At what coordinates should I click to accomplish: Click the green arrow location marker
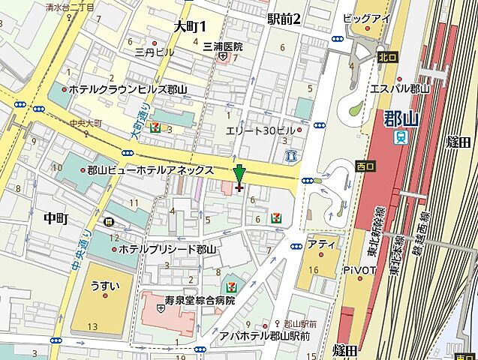tap(239, 175)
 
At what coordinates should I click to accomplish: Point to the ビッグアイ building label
tap(367, 17)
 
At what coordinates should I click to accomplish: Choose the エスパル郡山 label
tap(400, 88)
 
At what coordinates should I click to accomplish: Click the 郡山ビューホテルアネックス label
tap(150, 170)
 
